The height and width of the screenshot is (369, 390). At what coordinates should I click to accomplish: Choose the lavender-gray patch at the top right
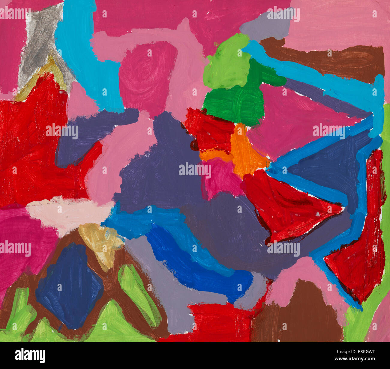(264, 26)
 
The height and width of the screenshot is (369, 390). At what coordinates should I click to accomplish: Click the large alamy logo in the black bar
(30, 355)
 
